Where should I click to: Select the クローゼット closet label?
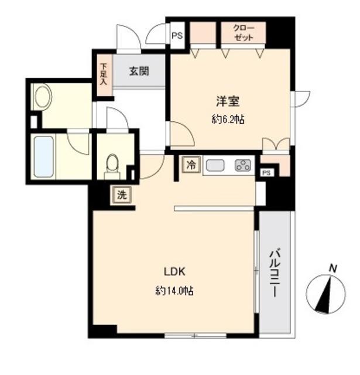tap(243, 32)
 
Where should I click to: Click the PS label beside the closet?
tap(177, 35)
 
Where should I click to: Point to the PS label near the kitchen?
tap(266, 172)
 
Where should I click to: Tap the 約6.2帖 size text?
tap(228, 120)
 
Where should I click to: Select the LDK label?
tap(174, 272)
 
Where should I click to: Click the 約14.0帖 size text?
tap(174, 291)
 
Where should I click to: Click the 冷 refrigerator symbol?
tap(190, 165)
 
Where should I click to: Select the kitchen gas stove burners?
tap(242, 166)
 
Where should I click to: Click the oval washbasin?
tap(42, 97)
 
